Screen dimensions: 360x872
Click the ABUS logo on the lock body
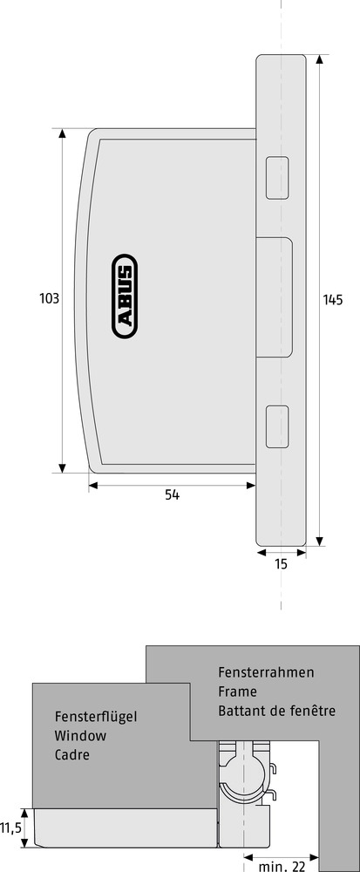125,296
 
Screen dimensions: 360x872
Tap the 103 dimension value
49,298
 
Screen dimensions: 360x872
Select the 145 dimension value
333,300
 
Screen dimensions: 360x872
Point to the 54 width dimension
173,494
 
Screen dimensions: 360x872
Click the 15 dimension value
281,564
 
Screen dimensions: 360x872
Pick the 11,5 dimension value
10,828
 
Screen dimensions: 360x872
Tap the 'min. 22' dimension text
282,866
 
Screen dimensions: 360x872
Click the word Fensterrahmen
266,671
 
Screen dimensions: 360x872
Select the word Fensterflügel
96,716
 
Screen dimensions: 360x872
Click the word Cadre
71,755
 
